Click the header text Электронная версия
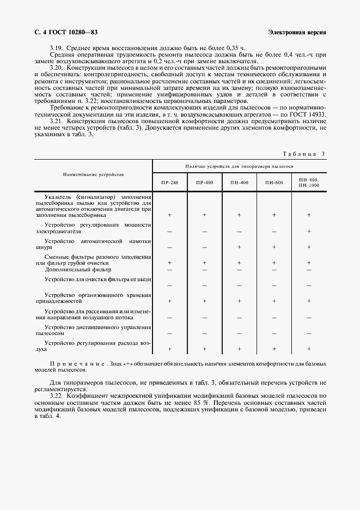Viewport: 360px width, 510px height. coord(297,32)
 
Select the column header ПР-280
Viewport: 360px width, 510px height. coord(169,183)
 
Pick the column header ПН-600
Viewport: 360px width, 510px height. coord(274,183)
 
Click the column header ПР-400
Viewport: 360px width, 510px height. coord(204,183)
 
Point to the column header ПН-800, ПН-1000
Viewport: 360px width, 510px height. coord(309,183)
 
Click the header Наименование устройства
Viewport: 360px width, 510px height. coord(93,174)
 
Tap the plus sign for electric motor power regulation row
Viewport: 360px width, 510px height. coord(309,231)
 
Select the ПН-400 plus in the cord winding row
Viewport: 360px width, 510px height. coord(239,247)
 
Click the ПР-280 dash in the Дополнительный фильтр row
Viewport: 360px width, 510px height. coord(169,269)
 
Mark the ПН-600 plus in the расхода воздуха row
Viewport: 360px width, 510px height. coord(274,349)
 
